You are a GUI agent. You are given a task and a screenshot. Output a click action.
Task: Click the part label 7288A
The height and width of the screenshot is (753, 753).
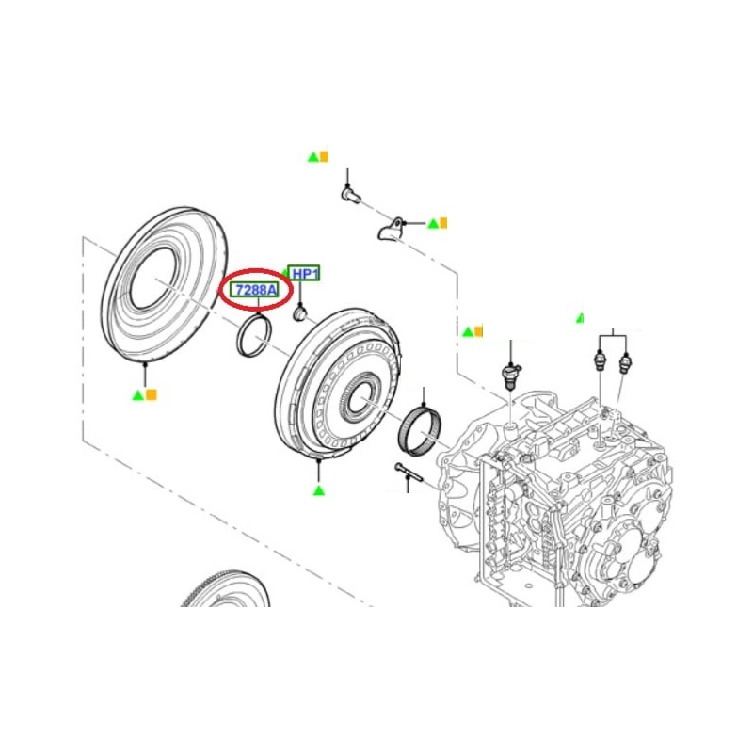[x=255, y=290]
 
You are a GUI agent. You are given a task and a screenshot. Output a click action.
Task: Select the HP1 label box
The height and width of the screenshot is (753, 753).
[x=304, y=274]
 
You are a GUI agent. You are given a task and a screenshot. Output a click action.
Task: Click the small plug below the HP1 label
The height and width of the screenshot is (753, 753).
[x=299, y=314]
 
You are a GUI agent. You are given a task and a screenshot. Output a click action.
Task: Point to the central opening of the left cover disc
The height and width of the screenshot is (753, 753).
[x=154, y=278]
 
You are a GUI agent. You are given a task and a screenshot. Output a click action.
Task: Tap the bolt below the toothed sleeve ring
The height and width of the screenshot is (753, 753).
[x=409, y=473]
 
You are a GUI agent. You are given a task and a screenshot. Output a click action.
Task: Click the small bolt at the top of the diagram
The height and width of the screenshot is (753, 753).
[x=351, y=195]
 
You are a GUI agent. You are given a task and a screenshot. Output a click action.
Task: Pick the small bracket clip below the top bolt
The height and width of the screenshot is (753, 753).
[x=390, y=229]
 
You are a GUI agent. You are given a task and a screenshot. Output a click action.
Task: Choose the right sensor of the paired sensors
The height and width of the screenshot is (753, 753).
[x=625, y=362]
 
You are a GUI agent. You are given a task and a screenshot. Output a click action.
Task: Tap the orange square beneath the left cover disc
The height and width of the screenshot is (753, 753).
[x=152, y=394]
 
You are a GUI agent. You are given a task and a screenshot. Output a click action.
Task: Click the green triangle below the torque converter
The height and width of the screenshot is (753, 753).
[x=319, y=490]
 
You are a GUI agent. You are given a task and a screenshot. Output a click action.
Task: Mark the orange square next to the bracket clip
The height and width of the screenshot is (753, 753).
[x=443, y=223]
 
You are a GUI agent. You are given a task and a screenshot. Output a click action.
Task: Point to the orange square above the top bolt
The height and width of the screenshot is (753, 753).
[x=324, y=156]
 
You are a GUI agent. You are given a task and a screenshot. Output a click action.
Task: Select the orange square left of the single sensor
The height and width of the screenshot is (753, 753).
[x=478, y=331]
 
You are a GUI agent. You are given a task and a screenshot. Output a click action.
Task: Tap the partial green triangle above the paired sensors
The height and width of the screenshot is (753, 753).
[x=580, y=318]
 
